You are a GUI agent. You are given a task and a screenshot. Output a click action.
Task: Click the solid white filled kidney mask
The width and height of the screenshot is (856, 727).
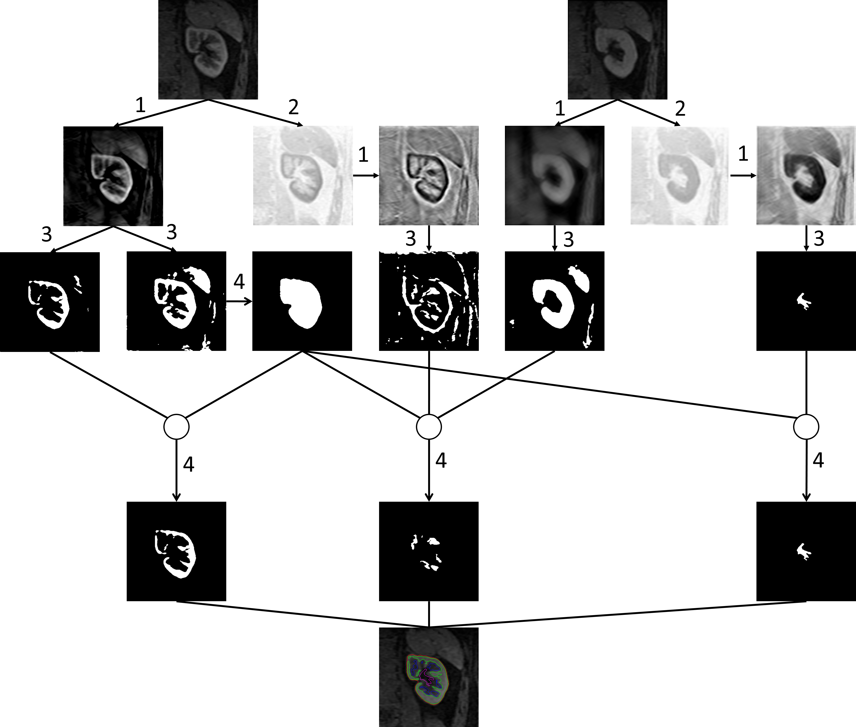point(302,301)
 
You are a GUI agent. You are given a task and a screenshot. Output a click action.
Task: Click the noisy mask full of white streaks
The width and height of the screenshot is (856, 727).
point(429,301)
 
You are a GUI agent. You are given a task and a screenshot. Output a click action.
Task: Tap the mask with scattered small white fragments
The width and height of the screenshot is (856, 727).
point(429,551)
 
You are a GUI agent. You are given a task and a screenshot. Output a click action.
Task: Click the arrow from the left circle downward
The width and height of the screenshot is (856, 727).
point(176,470)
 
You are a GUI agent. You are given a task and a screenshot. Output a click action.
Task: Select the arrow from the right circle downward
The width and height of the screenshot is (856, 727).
point(806,470)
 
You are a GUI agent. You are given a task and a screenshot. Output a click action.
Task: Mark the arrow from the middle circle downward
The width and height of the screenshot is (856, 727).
point(429,470)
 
